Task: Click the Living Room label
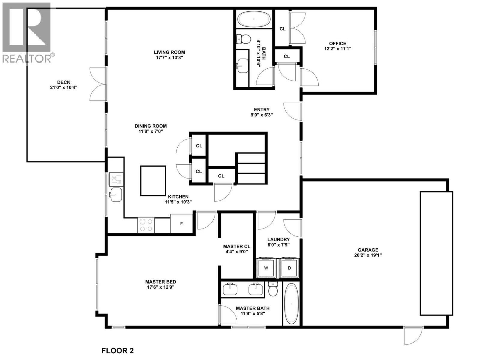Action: point(169,52)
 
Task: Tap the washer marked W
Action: point(266,268)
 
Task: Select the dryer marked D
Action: point(289,268)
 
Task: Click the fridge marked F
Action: point(181,224)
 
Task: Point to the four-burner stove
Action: point(146,225)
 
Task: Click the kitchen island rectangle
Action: point(153,181)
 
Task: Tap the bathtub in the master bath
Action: point(291,304)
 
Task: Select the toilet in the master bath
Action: point(273,289)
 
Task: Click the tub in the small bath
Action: point(253,19)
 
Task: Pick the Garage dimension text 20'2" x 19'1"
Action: point(368,255)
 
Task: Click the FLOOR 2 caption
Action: point(118,350)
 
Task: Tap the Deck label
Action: point(64,82)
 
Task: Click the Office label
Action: point(337,43)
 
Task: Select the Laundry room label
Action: point(278,239)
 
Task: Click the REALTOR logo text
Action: point(27,58)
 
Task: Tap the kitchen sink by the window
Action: point(115,194)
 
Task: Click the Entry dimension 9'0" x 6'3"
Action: point(262,115)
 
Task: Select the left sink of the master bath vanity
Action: point(230,289)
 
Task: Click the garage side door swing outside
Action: point(413,335)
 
